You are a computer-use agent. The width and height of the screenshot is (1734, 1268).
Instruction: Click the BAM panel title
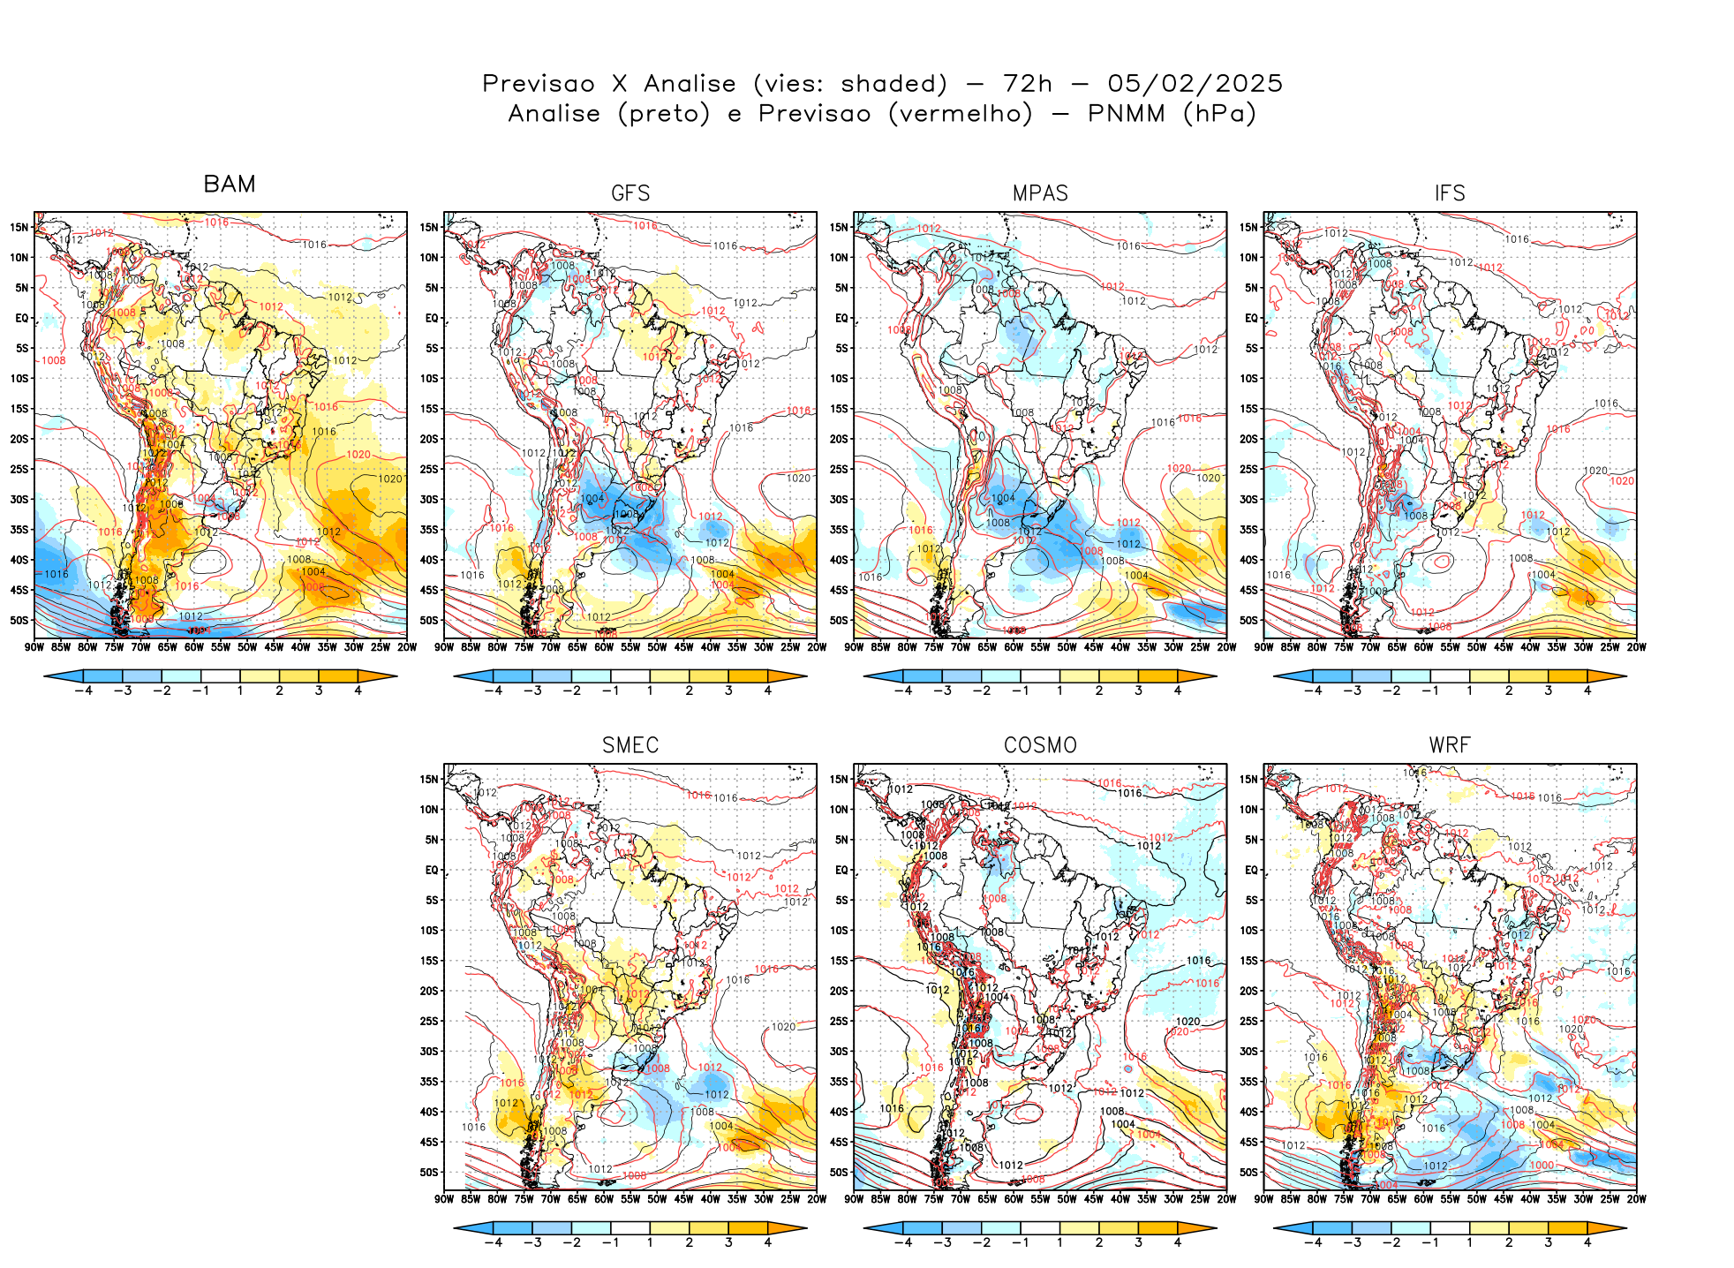(x=230, y=184)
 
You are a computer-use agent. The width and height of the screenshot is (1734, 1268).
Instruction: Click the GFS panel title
(x=630, y=193)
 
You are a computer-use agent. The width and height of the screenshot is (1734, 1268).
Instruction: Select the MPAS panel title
(x=1040, y=193)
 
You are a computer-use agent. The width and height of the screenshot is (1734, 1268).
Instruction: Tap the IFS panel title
(x=1450, y=193)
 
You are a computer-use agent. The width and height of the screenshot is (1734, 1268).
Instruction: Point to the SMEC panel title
(x=630, y=745)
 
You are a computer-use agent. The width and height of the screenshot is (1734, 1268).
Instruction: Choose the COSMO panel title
(x=1040, y=745)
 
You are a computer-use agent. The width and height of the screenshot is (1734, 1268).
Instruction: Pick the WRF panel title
(x=1450, y=745)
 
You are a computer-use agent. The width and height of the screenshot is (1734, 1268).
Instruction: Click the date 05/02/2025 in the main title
(x=1195, y=83)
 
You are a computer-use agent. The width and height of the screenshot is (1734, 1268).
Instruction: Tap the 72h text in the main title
(x=1028, y=83)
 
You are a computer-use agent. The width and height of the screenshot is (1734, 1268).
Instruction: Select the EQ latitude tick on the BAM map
(x=22, y=318)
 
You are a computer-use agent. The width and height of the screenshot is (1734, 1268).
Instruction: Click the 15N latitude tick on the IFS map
(x=1248, y=227)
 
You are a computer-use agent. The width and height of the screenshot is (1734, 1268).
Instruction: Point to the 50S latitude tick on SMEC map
(x=429, y=1173)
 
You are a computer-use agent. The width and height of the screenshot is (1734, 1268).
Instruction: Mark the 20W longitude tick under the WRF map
(x=1636, y=1199)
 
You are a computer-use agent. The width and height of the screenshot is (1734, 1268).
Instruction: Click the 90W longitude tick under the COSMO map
(x=855, y=1199)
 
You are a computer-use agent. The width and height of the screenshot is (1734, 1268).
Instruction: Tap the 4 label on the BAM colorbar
(x=358, y=691)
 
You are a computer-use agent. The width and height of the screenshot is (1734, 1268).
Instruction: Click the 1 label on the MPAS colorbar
(x=1059, y=691)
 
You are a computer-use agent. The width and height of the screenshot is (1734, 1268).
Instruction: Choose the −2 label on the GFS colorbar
(x=571, y=691)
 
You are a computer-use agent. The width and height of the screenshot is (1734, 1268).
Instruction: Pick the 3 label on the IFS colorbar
(x=1548, y=691)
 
